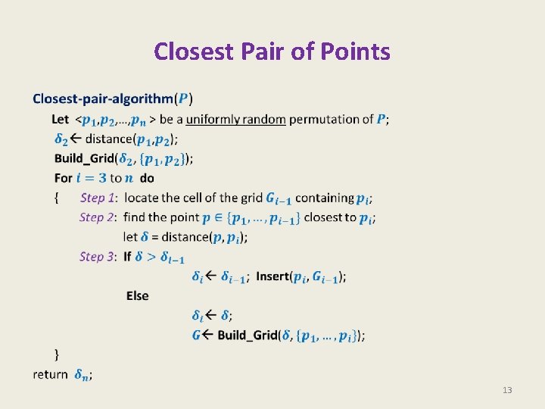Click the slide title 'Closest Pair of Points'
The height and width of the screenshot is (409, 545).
pyautogui.click(x=272, y=52)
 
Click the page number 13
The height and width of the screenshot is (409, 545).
pyautogui.click(x=507, y=390)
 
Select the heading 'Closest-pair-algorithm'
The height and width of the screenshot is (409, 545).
pyautogui.click(x=102, y=98)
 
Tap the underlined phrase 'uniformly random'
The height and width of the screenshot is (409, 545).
pyautogui.click(x=235, y=119)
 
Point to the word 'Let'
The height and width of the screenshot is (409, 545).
pyautogui.click(x=61, y=119)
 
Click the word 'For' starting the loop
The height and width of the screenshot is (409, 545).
pyautogui.click(x=64, y=178)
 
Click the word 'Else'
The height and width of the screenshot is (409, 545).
pyautogui.click(x=137, y=295)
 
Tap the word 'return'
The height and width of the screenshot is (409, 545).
pyautogui.click(x=50, y=374)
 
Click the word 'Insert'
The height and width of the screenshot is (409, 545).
pyautogui.click(x=272, y=276)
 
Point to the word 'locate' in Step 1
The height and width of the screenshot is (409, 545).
pyautogui.click(x=142, y=198)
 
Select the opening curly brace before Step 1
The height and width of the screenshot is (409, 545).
pyautogui.click(x=56, y=198)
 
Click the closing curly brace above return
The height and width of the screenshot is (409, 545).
pyautogui.click(x=56, y=354)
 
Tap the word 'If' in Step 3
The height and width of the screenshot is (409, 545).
pyautogui.click(x=128, y=257)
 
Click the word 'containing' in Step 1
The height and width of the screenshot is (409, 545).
pyautogui.click(x=324, y=198)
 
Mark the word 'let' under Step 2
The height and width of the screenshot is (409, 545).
pyautogui.click(x=130, y=237)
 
